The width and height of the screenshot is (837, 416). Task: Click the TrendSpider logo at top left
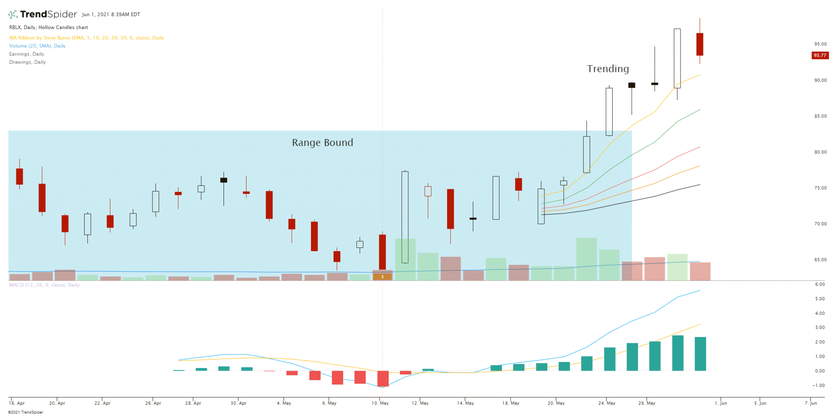[x=43, y=14]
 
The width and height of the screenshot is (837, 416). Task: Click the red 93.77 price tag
[x=820, y=55]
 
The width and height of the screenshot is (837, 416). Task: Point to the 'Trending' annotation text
[x=608, y=69]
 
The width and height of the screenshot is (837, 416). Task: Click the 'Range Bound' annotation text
[x=322, y=143]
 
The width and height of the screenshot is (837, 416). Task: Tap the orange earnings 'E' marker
[x=383, y=277]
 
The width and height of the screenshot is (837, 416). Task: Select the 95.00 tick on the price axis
[x=820, y=44]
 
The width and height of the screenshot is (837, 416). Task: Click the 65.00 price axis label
[x=820, y=260]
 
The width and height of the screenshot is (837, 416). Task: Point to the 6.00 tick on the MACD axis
[x=819, y=284]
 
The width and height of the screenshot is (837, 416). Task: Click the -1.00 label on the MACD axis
[x=819, y=385]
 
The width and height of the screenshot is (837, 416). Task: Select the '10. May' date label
[x=380, y=403]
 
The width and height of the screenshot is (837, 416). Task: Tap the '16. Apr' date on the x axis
[x=17, y=403]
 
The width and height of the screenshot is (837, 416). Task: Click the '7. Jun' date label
[x=811, y=403]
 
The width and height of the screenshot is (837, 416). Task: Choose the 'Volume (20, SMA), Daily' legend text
[x=37, y=46]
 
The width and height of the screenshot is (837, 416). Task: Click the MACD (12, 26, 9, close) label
[x=45, y=285]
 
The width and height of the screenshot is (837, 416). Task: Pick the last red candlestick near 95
[x=700, y=44]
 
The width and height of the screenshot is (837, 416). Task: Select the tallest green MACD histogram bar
[x=678, y=353]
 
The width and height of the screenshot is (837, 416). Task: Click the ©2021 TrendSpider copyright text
[x=25, y=412]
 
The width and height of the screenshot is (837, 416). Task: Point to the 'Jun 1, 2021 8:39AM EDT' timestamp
[x=111, y=14]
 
